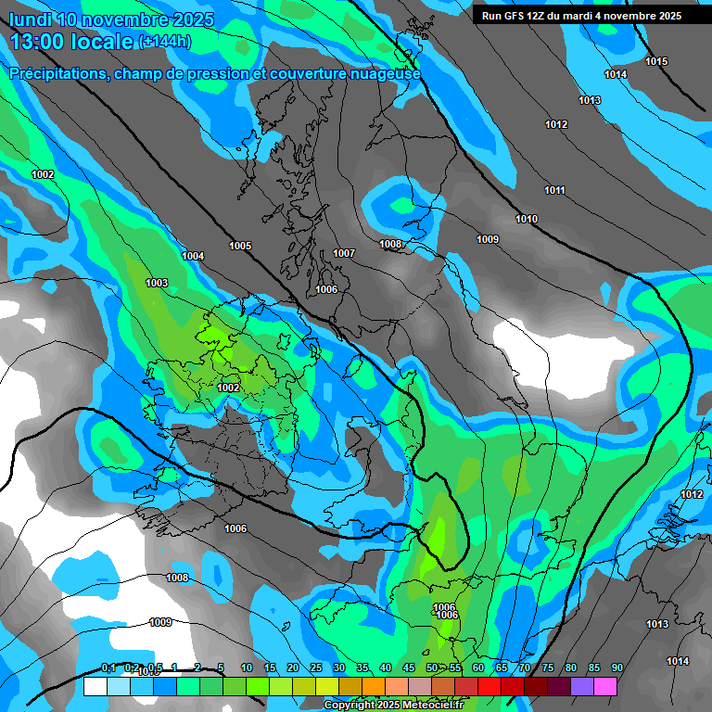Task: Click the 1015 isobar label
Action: [x=656, y=61]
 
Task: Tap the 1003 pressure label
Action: [x=157, y=283]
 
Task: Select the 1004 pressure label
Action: [x=193, y=256]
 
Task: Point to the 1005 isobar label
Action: [x=240, y=246]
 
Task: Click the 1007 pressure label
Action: [x=344, y=253]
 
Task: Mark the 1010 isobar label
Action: [x=527, y=219]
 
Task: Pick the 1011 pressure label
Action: [x=554, y=190]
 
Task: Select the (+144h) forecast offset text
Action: [x=164, y=42]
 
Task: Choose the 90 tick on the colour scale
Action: [x=617, y=667]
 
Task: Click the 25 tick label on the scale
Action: [x=316, y=667]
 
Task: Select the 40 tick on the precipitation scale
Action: [x=386, y=667]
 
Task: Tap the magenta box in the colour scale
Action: [x=605, y=686]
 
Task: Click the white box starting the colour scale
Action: [x=95, y=686]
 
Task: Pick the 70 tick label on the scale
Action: [x=525, y=667]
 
